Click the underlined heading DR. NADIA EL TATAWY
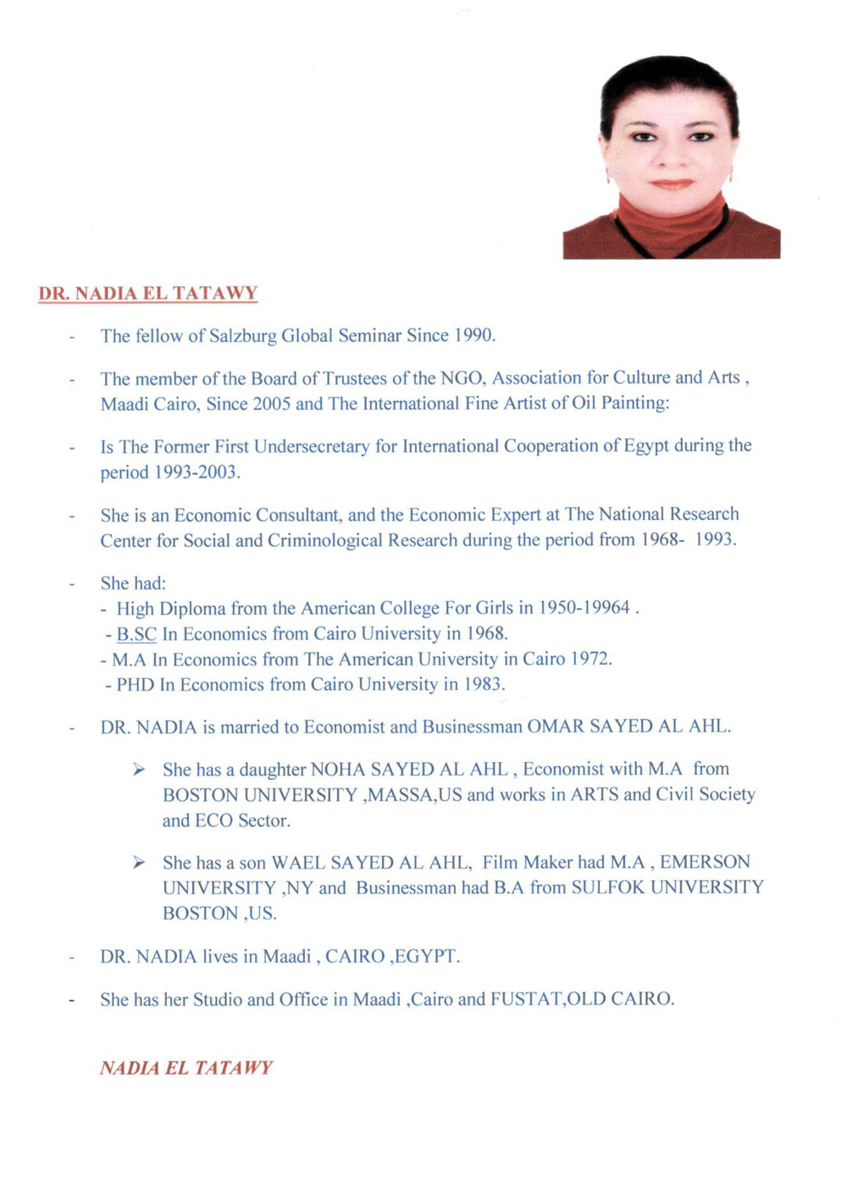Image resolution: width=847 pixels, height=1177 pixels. pos(148,294)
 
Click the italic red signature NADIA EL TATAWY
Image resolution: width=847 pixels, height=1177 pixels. pos(186,1068)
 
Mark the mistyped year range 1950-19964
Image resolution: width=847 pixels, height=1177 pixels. pos(584,608)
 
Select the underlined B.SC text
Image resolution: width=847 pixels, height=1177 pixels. pos(136,634)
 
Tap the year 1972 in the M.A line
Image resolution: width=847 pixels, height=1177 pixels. pos(590,659)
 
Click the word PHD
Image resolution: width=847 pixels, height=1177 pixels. pos(136,684)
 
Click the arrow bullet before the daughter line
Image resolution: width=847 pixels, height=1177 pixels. pos(139,769)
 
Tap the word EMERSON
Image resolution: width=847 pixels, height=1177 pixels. pos(705,862)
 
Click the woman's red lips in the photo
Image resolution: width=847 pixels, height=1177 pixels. pos(671,184)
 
